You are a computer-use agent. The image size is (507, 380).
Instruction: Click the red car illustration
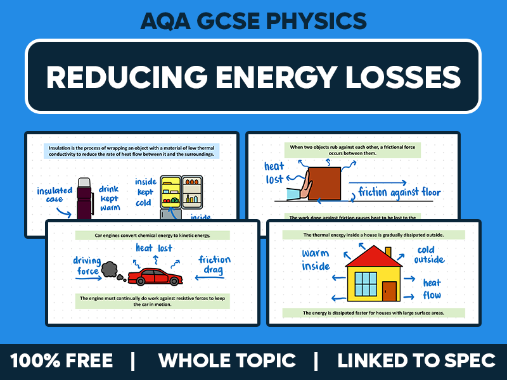click(x=155, y=276)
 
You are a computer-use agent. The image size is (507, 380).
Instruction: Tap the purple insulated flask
click(x=84, y=198)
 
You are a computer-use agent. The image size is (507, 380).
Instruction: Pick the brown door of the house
click(x=389, y=291)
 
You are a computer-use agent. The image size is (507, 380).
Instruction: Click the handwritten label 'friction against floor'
click(x=399, y=192)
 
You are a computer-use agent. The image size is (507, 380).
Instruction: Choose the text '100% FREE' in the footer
click(x=61, y=361)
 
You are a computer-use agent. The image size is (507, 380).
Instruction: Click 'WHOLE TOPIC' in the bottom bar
click(x=227, y=361)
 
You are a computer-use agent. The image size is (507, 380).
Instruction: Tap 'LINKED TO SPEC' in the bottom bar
click(x=416, y=361)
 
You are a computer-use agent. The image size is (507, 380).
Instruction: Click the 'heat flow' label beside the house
click(x=432, y=289)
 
